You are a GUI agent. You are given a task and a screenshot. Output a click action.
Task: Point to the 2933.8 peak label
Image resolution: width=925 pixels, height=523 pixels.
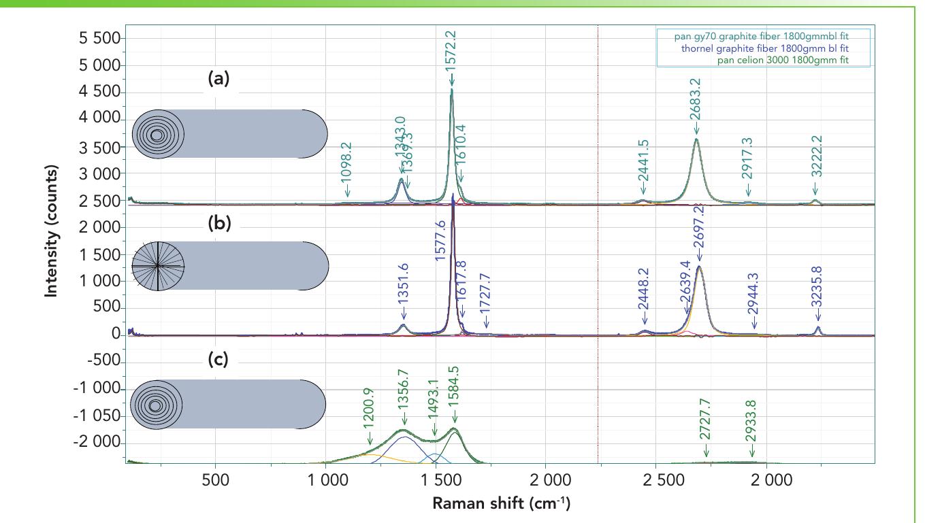[751, 421]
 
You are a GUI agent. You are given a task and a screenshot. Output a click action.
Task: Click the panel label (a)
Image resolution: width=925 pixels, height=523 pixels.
[218, 78]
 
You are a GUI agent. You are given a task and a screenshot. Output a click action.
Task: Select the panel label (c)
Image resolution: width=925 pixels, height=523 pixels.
[218, 359]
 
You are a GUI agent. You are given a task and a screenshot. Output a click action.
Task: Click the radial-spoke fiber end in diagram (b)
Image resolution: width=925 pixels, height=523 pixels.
[157, 265]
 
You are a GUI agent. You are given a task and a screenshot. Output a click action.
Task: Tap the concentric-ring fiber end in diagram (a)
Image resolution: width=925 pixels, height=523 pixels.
[157, 135]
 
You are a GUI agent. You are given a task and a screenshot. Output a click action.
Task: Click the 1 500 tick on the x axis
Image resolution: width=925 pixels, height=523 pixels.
[436, 479]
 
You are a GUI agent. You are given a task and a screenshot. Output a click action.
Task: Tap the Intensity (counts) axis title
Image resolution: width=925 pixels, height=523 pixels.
[50, 231]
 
